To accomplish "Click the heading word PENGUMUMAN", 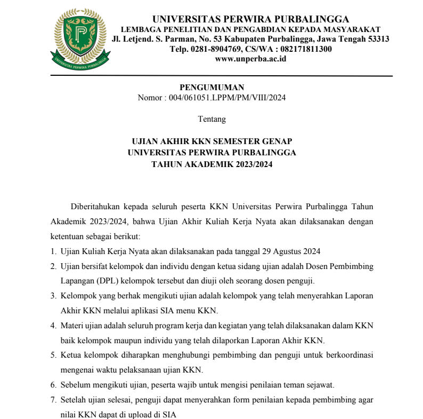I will (x=211, y=88).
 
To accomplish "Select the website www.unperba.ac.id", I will (x=250, y=59).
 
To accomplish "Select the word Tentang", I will (x=211, y=119).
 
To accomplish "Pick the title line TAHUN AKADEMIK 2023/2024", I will (x=211, y=165).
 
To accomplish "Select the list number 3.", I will (x=53, y=295).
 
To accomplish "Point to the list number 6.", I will (x=53, y=384).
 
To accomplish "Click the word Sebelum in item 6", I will (x=75, y=384).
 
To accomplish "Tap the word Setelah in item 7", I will (x=74, y=399).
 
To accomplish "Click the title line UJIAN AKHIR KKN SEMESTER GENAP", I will (x=211, y=141).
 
